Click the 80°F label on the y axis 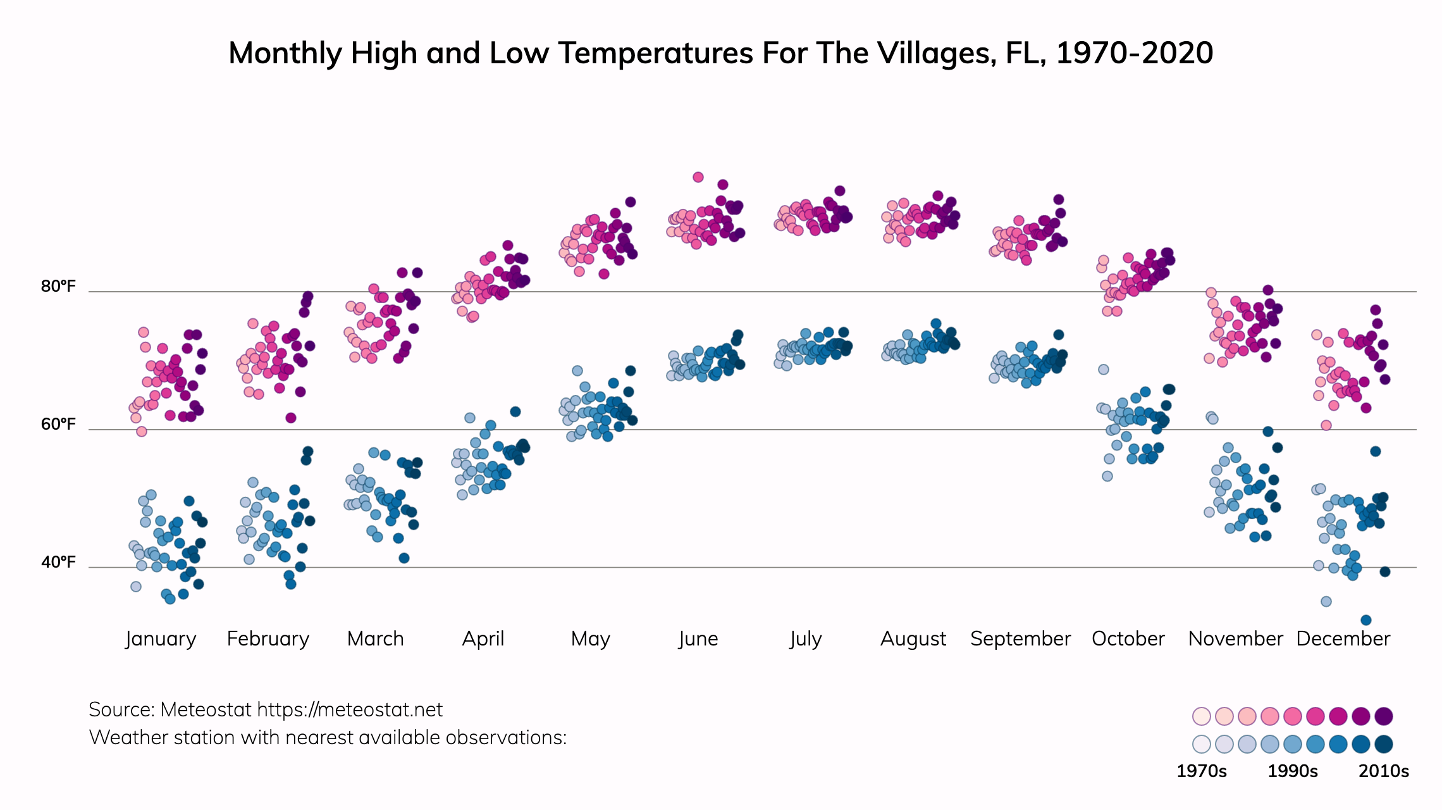[x=58, y=287]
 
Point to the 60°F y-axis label [x=58, y=424]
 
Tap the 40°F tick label [x=58, y=562]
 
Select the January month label [x=161, y=639]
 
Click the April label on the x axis [x=483, y=639]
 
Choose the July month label [x=806, y=639]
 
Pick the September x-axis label [x=1020, y=639]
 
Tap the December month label [x=1343, y=639]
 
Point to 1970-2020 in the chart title [x=1135, y=53]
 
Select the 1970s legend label [x=1201, y=771]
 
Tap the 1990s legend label [x=1293, y=771]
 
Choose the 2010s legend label [x=1384, y=771]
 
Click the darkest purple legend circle [x=1384, y=716]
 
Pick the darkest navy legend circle [x=1384, y=744]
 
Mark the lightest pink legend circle [x=1201, y=716]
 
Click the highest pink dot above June [x=698, y=177]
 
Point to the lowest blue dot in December [x=1366, y=620]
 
